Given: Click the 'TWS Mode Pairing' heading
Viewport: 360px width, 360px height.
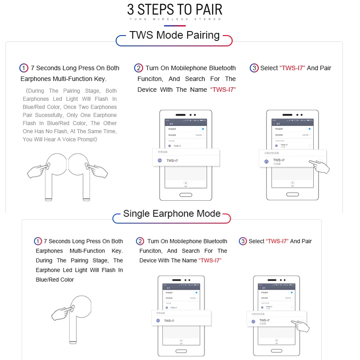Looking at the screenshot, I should click(x=174, y=35).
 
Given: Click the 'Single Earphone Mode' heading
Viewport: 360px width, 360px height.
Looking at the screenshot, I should click(x=171, y=213).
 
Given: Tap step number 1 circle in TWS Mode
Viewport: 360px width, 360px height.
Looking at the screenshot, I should click(x=24, y=68).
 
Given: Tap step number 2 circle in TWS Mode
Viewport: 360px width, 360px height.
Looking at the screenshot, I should click(x=139, y=68).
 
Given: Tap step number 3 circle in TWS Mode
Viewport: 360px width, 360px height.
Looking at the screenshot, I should click(x=254, y=68).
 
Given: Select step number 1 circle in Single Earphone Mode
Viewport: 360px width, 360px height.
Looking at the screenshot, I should click(x=38, y=241).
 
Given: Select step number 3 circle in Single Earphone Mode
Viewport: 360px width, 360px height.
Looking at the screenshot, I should click(x=243, y=241).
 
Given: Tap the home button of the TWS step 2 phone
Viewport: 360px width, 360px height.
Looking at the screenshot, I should click(x=186, y=196).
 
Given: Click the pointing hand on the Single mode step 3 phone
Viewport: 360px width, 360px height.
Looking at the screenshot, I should click(x=300, y=326).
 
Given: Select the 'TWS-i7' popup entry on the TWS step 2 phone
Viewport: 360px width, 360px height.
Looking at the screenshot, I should click(x=172, y=160).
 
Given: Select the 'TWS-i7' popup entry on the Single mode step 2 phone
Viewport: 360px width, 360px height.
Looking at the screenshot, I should click(x=169, y=321).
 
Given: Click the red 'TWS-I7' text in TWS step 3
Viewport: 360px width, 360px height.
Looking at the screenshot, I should click(x=292, y=68).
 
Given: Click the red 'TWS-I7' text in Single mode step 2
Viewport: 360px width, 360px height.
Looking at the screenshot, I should click(x=211, y=261).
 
